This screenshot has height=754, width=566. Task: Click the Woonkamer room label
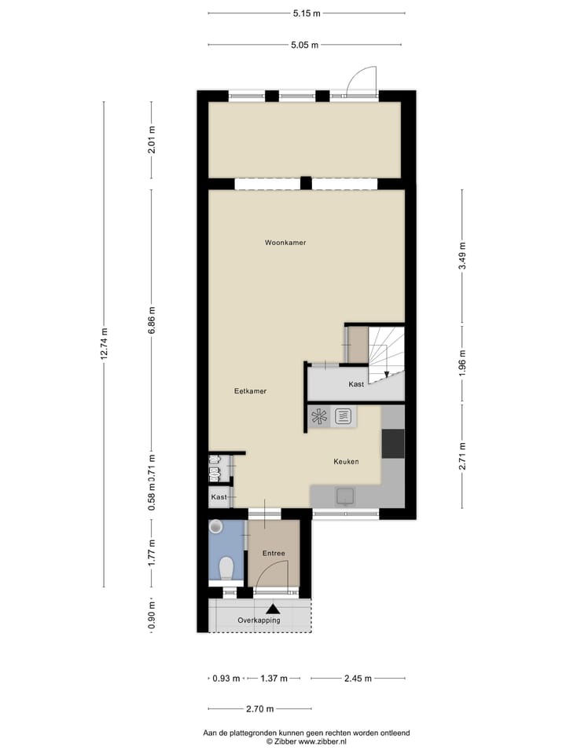pos(285,243)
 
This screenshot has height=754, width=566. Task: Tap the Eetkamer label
pos(251,390)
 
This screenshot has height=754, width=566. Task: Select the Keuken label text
pos(346,462)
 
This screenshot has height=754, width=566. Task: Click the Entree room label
pos(274,554)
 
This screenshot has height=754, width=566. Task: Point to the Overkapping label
pos(259,620)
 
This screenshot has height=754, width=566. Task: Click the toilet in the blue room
pos(226,566)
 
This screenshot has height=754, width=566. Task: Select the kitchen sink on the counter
pos(344,496)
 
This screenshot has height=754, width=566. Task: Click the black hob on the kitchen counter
pos(393,444)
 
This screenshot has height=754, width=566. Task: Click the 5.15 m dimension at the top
pos(307,13)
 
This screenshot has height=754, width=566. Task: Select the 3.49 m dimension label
pos(463,255)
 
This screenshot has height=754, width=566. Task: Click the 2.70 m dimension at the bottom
pos(259,709)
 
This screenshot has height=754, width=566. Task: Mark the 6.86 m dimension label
pos(153,320)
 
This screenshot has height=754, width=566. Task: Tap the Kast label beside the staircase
pos(356,384)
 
